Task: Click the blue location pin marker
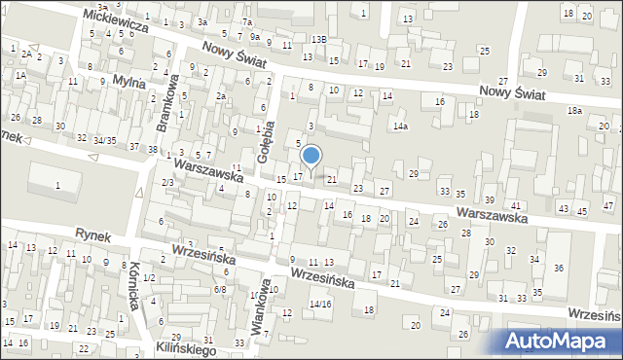click(x=311, y=156)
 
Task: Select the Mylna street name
click(x=128, y=83)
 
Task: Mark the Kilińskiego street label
click(x=188, y=347)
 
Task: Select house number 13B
click(x=318, y=39)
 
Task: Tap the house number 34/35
click(x=104, y=140)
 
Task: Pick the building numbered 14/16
click(x=320, y=304)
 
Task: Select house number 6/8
click(x=221, y=288)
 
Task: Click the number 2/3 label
click(x=167, y=183)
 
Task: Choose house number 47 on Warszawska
click(x=608, y=206)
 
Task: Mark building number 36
click(x=559, y=268)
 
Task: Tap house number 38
click(x=152, y=148)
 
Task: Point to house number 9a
click(x=255, y=37)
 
